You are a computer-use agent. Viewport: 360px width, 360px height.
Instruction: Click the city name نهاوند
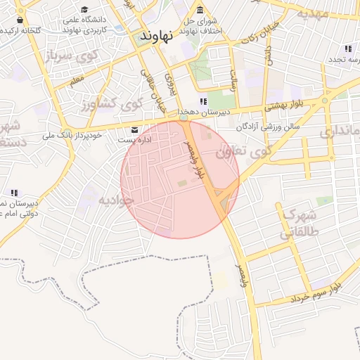[156, 35]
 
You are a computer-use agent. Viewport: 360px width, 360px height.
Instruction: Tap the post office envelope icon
[135, 129]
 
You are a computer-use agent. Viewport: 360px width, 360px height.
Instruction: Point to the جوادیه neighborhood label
[115, 200]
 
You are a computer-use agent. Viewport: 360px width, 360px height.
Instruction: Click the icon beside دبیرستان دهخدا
[204, 102]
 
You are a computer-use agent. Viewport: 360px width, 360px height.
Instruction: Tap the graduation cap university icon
[85, 9]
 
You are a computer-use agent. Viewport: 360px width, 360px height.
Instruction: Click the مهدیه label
[312, 13]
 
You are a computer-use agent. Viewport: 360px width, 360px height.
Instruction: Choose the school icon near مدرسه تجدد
[347, 49]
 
